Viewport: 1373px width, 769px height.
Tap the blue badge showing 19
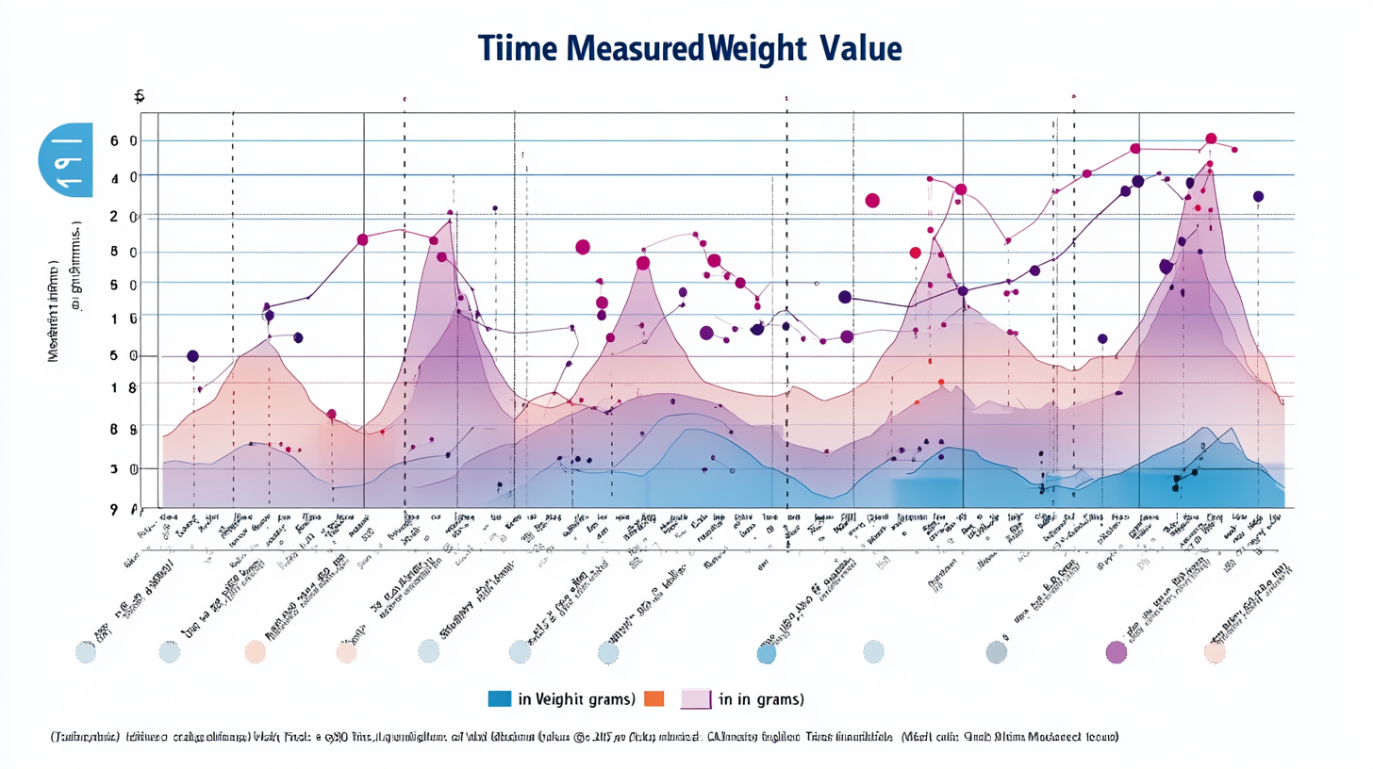[66, 158]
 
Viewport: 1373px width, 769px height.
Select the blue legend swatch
[500, 698]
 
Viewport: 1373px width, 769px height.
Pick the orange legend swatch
[653, 698]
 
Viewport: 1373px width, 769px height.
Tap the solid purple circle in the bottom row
[1116, 651]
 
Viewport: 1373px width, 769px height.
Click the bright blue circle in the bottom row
[766, 652]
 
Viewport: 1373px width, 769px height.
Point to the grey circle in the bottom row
[997, 651]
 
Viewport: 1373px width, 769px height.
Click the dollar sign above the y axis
[139, 95]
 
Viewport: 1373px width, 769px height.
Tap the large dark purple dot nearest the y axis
[193, 356]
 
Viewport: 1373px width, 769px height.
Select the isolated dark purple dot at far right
[1258, 196]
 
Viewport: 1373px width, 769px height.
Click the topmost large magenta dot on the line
[1211, 139]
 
